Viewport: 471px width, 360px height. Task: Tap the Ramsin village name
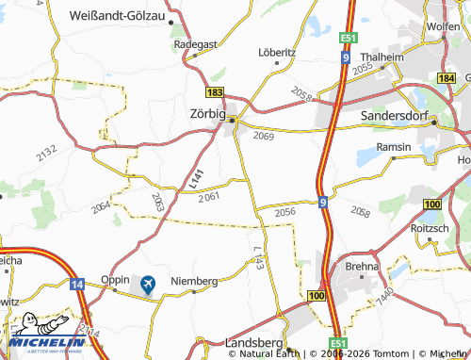394,147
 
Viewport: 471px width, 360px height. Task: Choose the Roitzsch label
430,227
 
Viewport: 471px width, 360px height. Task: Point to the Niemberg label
193,281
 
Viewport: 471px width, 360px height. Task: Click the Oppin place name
114,280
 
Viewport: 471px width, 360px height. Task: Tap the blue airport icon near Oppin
148,283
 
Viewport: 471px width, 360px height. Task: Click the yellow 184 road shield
447,77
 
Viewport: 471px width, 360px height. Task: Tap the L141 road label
196,176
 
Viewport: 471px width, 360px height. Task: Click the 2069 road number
264,137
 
